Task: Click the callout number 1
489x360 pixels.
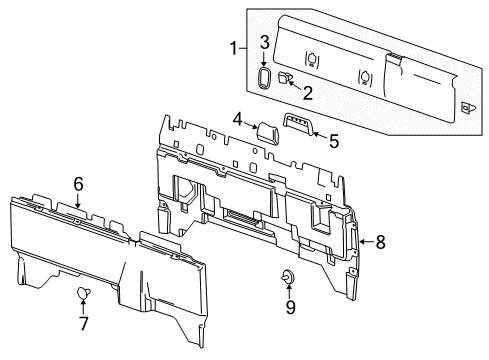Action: tap(234, 48)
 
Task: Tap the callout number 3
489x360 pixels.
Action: tap(264, 41)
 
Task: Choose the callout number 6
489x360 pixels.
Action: tap(78, 182)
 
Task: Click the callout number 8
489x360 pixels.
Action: tap(379, 241)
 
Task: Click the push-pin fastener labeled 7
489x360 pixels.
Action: tap(83, 291)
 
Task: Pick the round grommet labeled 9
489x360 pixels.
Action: tap(288, 277)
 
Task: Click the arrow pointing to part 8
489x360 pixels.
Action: tap(364, 241)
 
